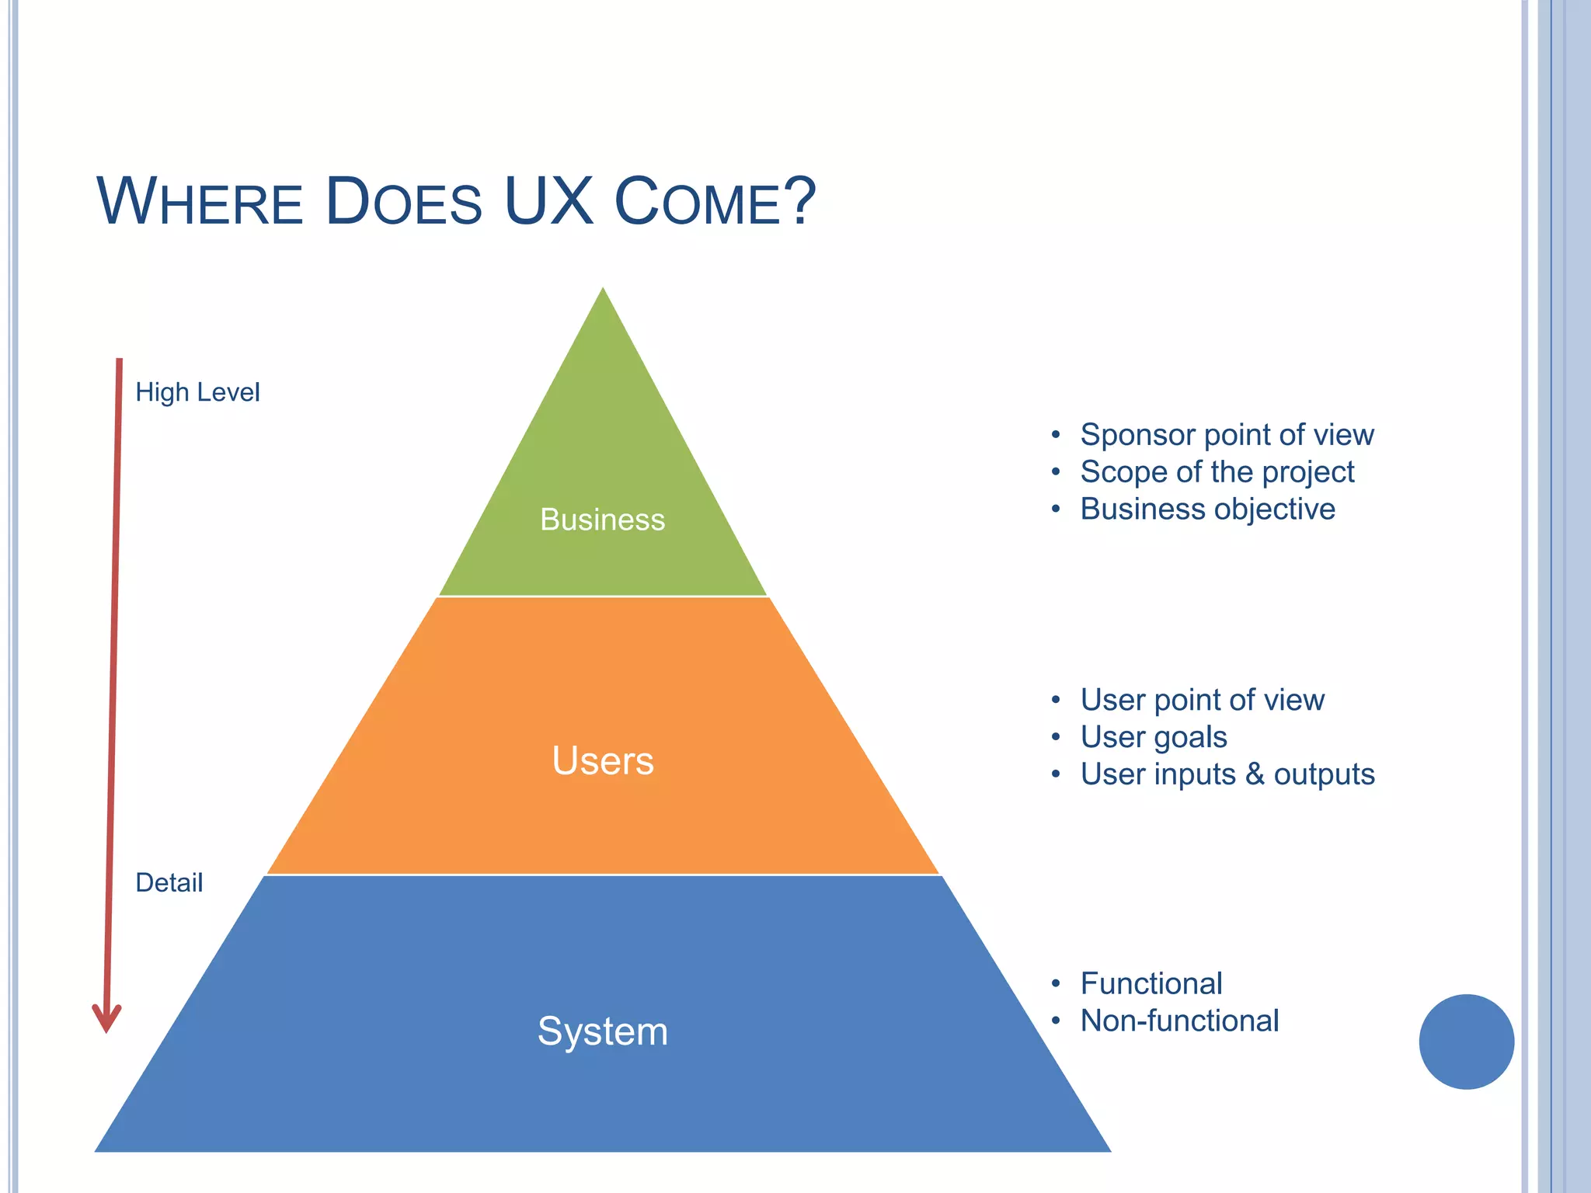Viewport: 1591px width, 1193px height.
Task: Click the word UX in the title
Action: pos(548,201)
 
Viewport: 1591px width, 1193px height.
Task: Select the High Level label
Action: pos(197,392)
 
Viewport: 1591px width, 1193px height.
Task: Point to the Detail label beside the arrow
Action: pos(169,882)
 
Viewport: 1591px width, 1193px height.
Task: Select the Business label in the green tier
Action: pos(602,520)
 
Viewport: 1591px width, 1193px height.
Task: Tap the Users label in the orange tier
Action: pos(603,760)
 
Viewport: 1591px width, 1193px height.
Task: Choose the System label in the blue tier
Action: pos(603,1031)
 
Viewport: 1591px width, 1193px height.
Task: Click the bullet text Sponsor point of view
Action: pos(1227,435)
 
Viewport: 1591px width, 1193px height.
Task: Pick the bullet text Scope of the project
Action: pos(1217,472)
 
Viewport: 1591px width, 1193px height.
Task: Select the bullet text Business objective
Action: pos(1207,510)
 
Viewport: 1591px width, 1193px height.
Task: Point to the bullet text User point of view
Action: pos(1202,700)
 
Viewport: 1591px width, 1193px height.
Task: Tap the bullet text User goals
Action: pos(1154,737)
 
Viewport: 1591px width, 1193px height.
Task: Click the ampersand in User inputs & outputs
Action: pos(1255,774)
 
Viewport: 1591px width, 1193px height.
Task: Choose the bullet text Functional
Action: pos(1151,983)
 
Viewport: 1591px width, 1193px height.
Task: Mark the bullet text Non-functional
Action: pos(1179,1021)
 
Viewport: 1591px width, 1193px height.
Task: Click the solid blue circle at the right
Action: pos(1466,1042)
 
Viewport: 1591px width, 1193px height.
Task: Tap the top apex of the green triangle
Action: pos(603,292)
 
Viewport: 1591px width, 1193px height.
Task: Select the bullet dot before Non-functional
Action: pos(1056,1021)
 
